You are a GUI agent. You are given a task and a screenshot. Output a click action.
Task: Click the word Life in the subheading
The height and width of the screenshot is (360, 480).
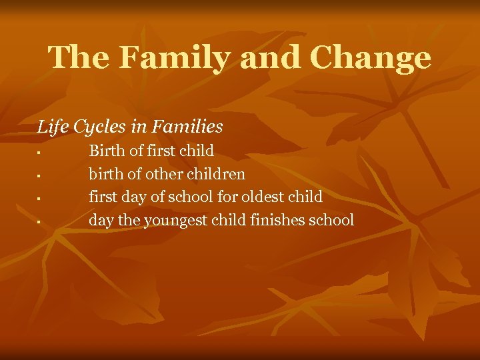point(51,125)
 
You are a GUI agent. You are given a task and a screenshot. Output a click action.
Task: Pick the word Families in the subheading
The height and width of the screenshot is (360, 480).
point(187,125)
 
